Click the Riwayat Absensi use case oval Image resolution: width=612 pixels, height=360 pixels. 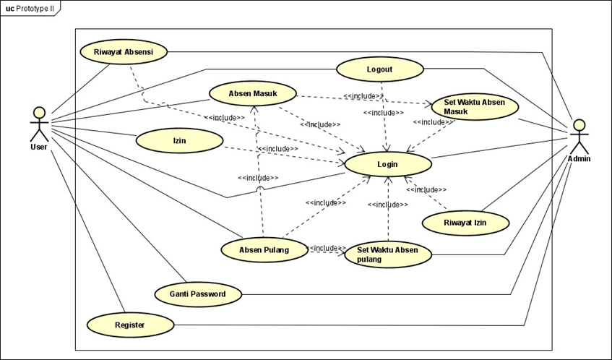click(x=122, y=52)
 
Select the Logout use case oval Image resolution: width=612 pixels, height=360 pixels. click(x=379, y=69)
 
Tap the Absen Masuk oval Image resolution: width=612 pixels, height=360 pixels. click(x=253, y=94)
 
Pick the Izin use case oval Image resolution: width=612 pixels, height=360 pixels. click(x=179, y=140)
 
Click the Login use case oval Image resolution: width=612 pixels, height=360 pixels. click(x=388, y=164)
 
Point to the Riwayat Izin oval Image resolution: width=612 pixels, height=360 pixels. click(x=465, y=223)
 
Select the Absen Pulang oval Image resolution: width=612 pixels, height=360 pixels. click(x=264, y=250)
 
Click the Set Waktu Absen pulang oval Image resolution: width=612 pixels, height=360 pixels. click(x=388, y=254)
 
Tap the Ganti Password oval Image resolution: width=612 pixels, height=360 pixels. click(x=197, y=294)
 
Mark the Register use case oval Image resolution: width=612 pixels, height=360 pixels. click(x=130, y=325)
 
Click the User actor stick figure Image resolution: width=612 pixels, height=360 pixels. click(x=39, y=124)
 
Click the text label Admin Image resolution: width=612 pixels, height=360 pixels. click(x=578, y=158)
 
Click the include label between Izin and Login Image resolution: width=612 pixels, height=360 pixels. click(x=277, y=148)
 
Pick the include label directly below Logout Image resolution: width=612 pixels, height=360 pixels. click(x=383, y=113)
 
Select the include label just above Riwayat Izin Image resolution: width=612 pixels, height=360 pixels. click(x=426, y=189)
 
